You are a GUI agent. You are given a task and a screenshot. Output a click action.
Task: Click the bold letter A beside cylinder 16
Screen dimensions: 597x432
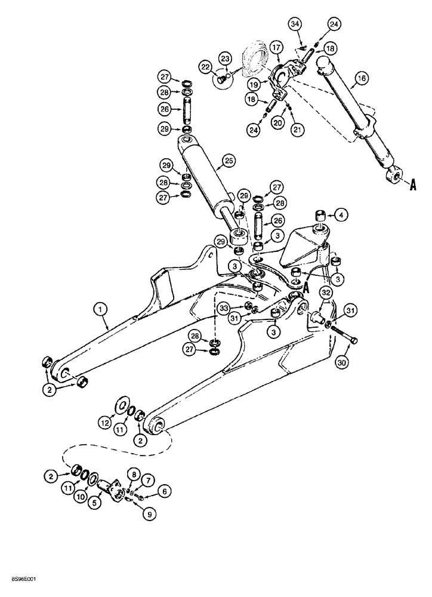[x=411, y=186]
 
